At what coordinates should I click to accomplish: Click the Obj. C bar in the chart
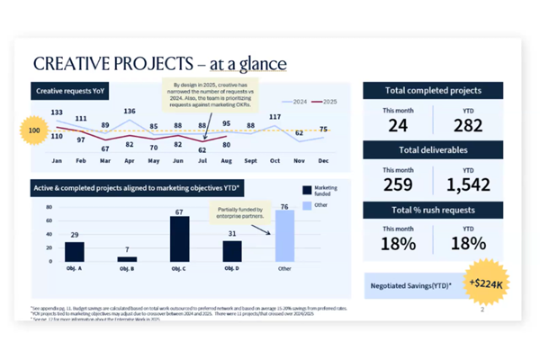(180, 238)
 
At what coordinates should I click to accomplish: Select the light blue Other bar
(284, 236)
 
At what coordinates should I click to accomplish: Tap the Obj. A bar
(74, 251)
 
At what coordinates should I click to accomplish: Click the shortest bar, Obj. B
(127, 258)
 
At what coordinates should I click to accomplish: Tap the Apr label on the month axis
(130, 160)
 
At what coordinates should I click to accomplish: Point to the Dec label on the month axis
(324, 160)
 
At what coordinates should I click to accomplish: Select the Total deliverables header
(432, 149)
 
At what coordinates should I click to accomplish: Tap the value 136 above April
(130, 112)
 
